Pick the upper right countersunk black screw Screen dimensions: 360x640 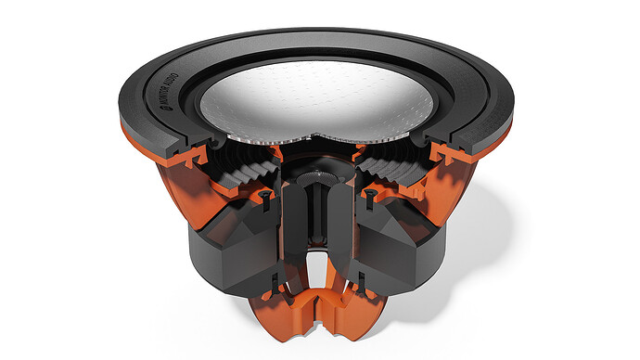371,194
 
